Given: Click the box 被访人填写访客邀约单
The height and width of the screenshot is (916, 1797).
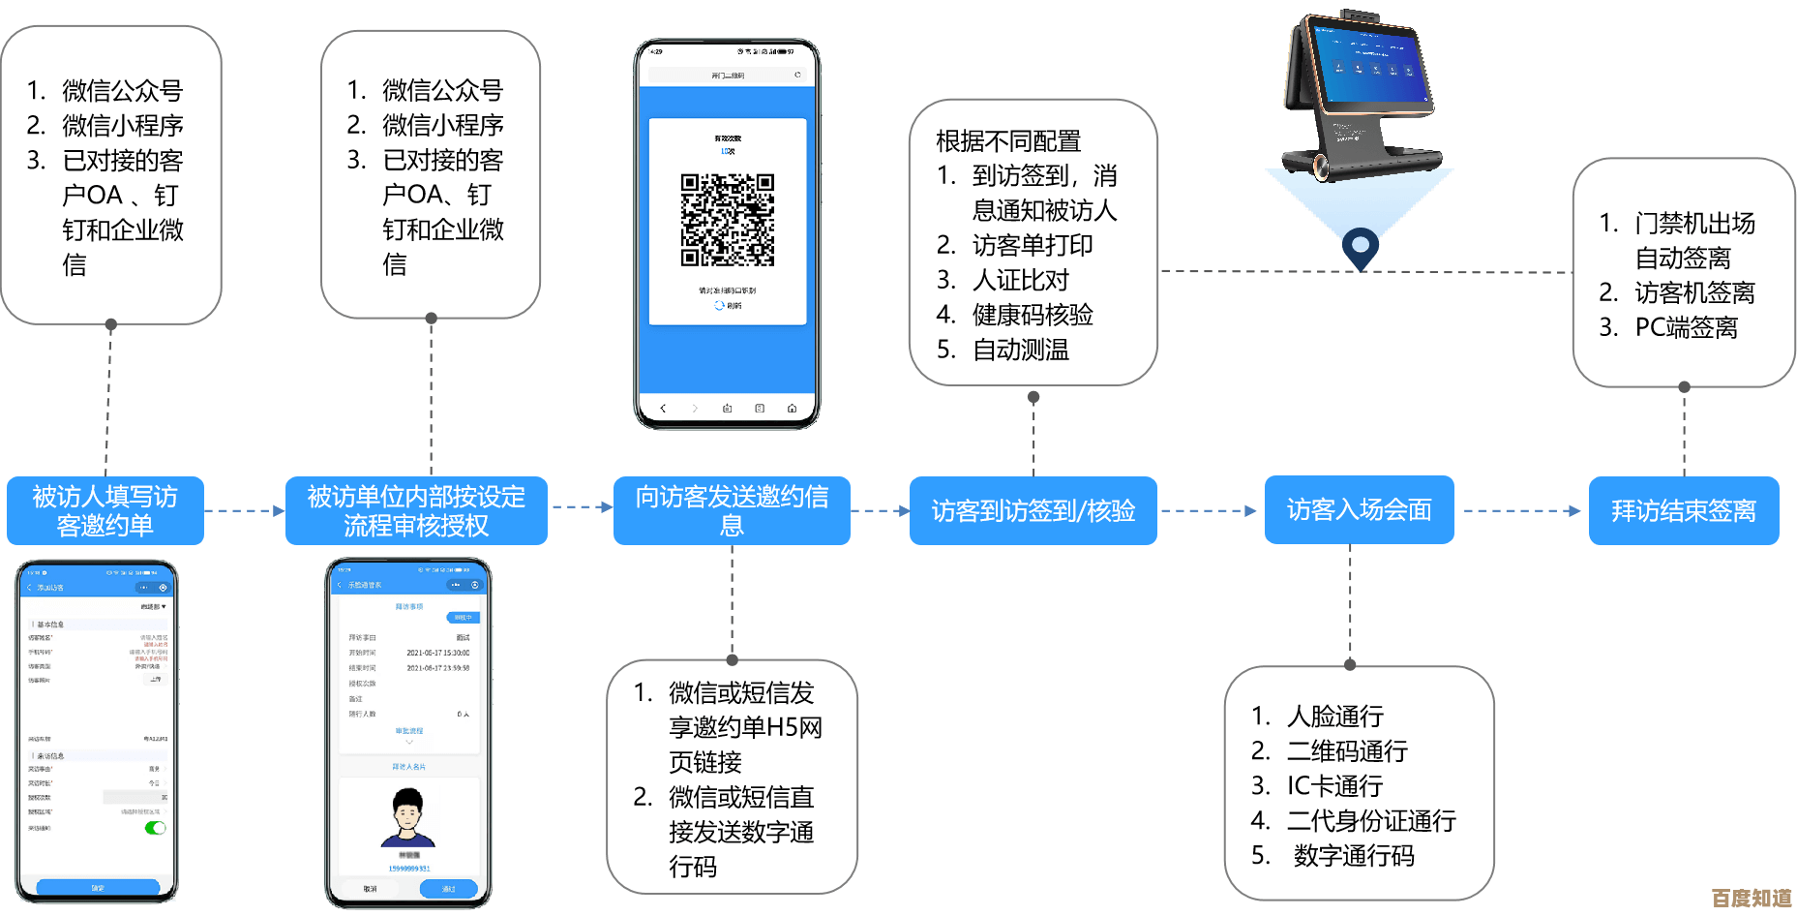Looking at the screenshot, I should [x=105, y=510].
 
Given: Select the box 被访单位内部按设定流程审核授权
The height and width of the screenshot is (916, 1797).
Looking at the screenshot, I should [x=416, y=510].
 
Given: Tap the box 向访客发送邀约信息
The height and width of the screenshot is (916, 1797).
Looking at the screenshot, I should [x=732, y=510].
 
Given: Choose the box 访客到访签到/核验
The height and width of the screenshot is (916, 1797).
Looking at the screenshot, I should [x=1033, y=510].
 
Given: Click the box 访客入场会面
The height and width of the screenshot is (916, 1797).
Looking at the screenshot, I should [x=1359, y=509].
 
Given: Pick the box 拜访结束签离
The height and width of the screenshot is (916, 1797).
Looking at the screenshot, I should [x=1684, y=510].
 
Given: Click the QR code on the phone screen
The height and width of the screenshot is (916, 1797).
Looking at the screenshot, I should [x=728, y=220].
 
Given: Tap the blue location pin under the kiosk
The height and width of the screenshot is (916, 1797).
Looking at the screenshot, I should [x=1361, y=246].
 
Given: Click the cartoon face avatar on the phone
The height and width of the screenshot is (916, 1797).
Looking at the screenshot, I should [x=408, y=815].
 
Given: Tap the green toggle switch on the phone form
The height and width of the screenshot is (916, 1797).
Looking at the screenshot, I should [x=155, y=828].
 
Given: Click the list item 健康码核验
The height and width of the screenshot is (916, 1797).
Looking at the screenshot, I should [x=1033, y=315].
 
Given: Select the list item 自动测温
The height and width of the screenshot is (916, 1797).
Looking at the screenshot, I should [x=1021, y=350].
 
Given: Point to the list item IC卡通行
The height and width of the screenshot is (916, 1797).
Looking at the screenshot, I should [x=1334, y=785].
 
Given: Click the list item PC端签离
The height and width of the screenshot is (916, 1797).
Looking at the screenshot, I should [x=1686, y=327].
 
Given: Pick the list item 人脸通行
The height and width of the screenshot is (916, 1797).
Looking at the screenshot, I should [x=1335, y=716].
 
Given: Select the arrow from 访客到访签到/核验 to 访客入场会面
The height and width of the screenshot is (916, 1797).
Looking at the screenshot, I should [x=1211, y=510].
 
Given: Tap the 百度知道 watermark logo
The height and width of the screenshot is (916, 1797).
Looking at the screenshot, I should [x=1752, y=898].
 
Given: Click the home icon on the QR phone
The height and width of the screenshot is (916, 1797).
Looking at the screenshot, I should [x=792, y=409].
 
